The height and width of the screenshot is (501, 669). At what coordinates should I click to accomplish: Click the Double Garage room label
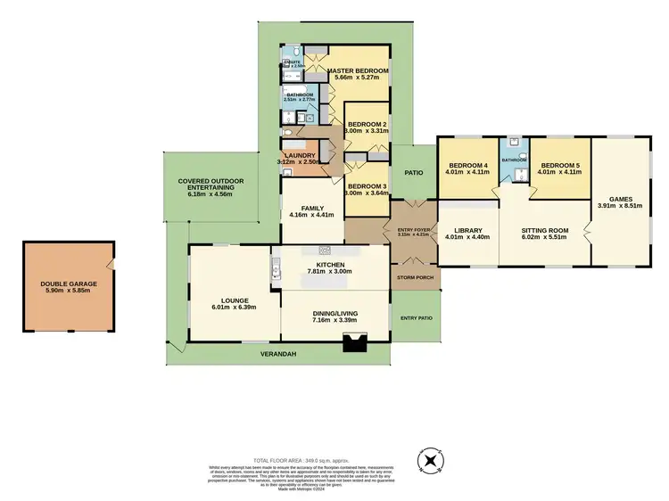click(x=69, y=283)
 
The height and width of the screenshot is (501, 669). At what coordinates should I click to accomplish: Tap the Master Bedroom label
click(x=358, y=70)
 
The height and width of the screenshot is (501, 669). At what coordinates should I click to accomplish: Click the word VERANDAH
click(x=278, y=354)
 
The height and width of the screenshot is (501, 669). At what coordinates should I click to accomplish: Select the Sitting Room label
click(x=543, y=230)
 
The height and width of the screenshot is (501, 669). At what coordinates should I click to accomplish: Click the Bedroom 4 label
click(x=467, y=165)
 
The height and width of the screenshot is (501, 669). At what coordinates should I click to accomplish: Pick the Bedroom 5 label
click(x=561, y=165)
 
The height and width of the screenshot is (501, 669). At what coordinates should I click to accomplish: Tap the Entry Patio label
click(x=416, y=317)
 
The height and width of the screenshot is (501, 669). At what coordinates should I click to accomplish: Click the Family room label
click(x=311, y=207)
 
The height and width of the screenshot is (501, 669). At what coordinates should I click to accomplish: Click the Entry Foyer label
click(x=412, y=231)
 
